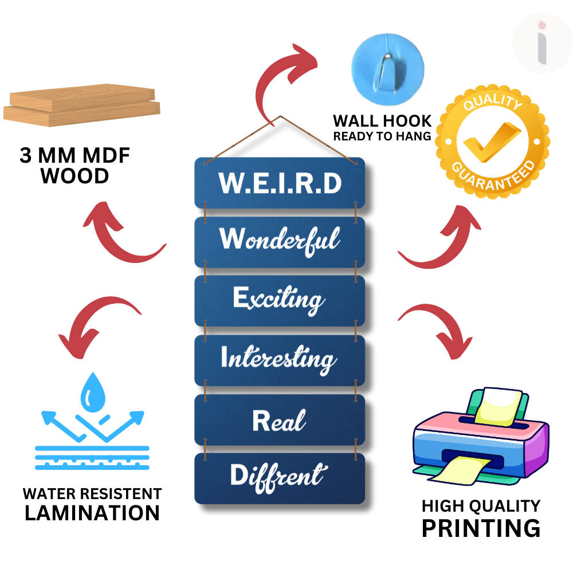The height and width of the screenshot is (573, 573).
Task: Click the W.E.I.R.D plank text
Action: (280, 183)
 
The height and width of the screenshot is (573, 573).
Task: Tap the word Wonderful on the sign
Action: (280, 240)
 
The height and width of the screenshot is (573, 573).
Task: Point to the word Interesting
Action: (278, 359)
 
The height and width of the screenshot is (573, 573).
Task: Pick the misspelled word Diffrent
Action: (278, 476)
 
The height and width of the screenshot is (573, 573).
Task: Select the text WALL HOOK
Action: (382, 121)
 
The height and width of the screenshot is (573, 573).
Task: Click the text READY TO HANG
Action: (382, 136)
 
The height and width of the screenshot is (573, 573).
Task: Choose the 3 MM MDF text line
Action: (75, 156)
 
